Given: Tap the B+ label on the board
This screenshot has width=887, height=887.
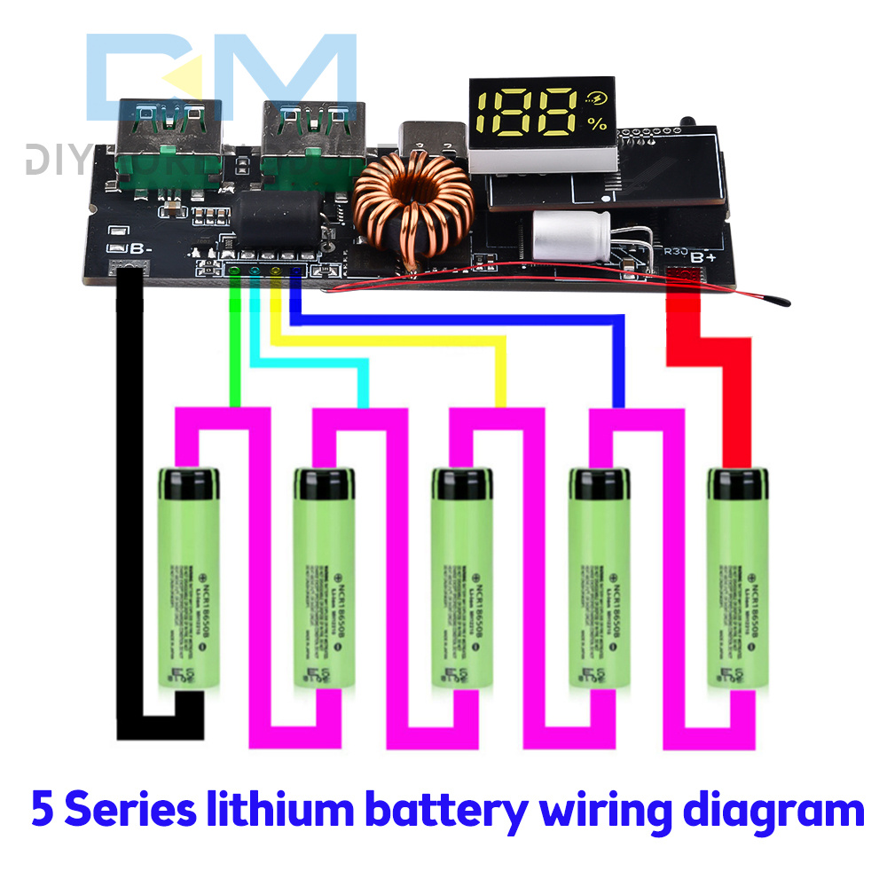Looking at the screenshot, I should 703,257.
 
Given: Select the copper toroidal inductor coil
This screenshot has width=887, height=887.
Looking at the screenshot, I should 413,211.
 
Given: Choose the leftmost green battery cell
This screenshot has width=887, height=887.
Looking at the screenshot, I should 187,577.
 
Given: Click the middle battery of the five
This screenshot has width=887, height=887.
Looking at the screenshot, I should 460,577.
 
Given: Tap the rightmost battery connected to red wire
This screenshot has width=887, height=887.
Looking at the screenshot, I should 735,577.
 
